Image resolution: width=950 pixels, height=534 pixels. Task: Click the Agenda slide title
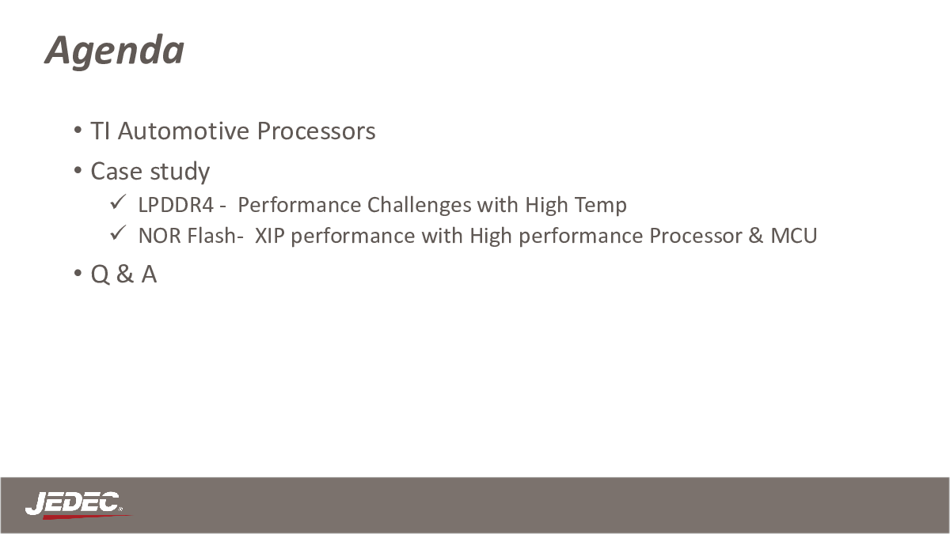click(115, 51)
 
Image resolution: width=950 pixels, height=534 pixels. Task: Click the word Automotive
click(184, 131)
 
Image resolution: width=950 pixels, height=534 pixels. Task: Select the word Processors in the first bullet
click(316, 131)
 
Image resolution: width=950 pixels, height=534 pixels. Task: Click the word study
click(180, 172)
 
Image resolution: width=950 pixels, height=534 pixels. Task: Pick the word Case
click(116, 171)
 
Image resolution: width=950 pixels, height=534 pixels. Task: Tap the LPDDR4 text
click(176, 205)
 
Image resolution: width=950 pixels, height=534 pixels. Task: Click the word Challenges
click(419, 206)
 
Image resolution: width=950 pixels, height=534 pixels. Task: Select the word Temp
click(601, 206)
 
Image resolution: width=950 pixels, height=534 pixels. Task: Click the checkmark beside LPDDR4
click(117, 202)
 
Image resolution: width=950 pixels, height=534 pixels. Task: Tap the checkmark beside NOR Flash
click(117, 233)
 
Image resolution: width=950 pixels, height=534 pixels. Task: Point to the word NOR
click(160, 236)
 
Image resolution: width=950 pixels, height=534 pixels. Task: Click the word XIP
click(270, 236)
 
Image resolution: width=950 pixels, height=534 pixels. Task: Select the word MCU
click(793, 236)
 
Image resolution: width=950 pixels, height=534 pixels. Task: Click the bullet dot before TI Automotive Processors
click(78, 130)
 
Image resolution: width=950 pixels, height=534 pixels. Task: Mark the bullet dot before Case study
click(78, 170)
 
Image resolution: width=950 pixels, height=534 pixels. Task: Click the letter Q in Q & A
click(100, 275)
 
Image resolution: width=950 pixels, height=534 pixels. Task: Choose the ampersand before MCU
click(756, 236)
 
